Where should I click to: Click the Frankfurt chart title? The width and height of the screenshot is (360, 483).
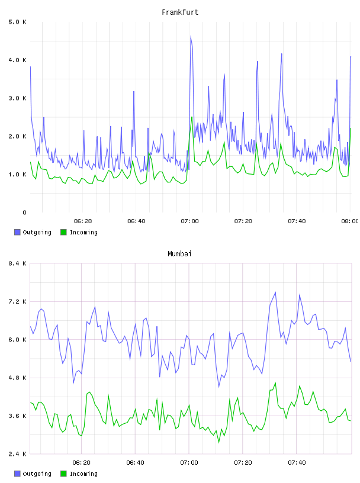(x=180, y=12)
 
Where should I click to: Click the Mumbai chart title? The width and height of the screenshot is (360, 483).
(x=179, y=254)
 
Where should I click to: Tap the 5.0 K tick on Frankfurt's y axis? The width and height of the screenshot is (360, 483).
(x=18, y=22)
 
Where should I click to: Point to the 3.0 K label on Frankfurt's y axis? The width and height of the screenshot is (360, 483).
(x=18, y=98)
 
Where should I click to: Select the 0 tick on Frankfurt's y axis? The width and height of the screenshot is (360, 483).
(x=24, y=212)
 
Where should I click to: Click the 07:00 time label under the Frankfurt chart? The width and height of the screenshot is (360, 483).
(x=190, y=221)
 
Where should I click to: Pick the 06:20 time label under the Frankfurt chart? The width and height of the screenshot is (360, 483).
(x=83, y=221)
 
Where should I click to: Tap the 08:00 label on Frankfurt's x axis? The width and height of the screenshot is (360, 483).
(x=350, y=221)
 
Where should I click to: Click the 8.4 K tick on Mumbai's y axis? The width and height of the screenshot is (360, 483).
(x=18, y=263)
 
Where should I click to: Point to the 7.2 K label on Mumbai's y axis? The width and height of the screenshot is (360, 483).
(x=18, y=301)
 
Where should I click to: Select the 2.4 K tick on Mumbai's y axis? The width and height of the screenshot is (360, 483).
(x=18, y=454)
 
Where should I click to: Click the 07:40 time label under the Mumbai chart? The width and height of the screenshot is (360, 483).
(x=297, y=463)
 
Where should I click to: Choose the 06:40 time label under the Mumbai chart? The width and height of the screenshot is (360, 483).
(x=136, y=463)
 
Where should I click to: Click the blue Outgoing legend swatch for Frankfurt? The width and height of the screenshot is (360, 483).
(x=17, y=232)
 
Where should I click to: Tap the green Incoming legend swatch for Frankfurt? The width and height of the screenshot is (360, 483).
(x=63, y=232)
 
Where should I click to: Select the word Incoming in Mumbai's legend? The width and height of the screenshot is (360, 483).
(x=83, y=474)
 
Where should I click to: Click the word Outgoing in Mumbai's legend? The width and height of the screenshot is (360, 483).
(x=37, y=474)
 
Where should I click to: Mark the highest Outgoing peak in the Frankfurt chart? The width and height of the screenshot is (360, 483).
(x=191, y=37)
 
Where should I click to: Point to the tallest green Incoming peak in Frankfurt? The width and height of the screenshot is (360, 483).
(x=192, y=117)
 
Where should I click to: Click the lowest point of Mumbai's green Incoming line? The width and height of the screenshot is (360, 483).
(x=219, y=443)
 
